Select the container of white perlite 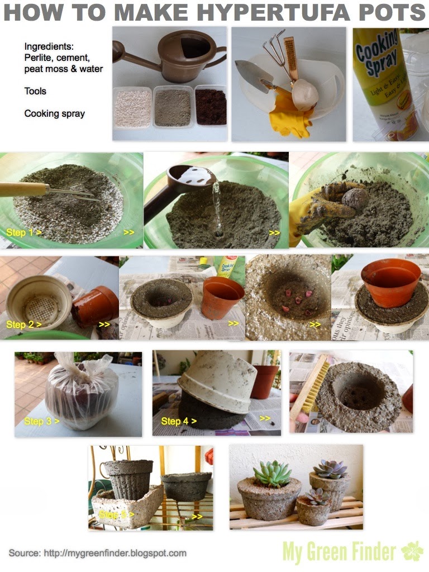(x=132, y=107)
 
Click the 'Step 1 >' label (x=23, y=232)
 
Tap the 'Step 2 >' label (x=23, y=324)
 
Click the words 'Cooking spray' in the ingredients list (x=54, y=113)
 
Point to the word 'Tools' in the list (x=35, y=90)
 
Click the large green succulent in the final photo (x=272, y=474)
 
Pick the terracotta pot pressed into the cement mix (x=390, y=282)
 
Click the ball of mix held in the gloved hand (x=355, y=198)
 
